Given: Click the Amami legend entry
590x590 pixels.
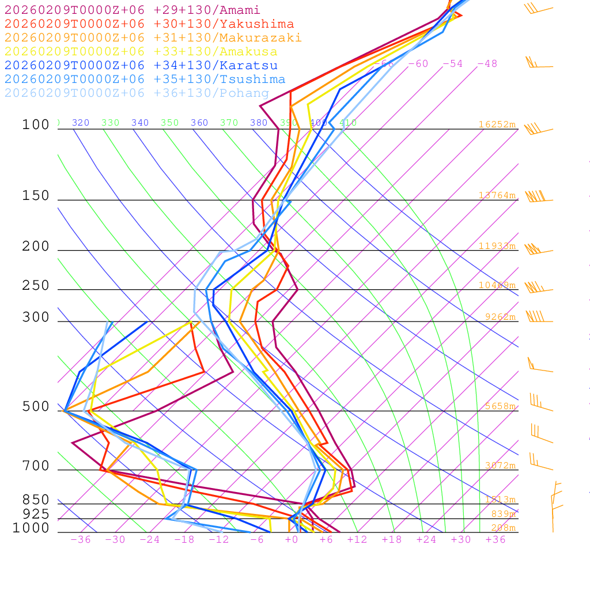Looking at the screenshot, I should coord(132,10).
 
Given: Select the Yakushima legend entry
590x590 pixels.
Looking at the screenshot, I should coord(149,24).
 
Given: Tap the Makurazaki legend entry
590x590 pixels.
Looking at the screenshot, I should coord(153,38).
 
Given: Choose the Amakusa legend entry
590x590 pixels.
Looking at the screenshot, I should coord(141,52).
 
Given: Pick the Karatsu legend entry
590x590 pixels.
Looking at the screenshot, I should coord(141,66).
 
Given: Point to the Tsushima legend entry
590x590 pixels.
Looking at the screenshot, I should coord(145,80).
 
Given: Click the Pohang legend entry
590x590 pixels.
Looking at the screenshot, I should coord(137,93).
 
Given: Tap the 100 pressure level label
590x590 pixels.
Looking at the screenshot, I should coord(36,125).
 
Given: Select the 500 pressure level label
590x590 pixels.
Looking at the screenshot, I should coord(36,407).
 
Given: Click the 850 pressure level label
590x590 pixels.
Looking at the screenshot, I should coord(36,500).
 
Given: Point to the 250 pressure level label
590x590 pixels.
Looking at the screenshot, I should coord(36,286).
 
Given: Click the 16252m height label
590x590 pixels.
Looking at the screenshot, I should coord(497,124).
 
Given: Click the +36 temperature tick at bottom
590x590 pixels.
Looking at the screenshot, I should coord(495,540).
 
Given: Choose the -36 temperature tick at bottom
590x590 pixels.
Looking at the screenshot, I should coord(80,540).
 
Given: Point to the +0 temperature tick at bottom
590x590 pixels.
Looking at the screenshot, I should coord(291,540).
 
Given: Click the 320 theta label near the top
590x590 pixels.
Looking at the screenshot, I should coord(80,123).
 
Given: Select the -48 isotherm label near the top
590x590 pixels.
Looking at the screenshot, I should coord(487,64).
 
